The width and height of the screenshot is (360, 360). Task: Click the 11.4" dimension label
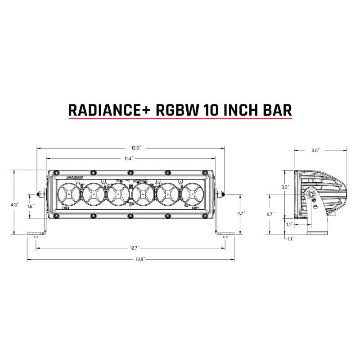(x=130, y=158)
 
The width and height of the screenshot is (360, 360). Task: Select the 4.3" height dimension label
(x=15, y=204)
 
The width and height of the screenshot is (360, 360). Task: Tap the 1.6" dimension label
(x=30, y=207)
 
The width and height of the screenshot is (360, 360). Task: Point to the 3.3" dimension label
(x=285, y=186)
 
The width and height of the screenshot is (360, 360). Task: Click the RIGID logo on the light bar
(x=75, y=178)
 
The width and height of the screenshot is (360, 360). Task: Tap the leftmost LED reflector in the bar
(x=67, y=195)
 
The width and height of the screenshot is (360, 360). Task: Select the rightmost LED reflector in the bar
(x=192, y=195)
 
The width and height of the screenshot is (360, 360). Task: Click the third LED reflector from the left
(x=117, y=195)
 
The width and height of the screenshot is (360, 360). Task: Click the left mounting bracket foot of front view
(x=36, y=234)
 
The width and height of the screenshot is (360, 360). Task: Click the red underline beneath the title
(x=180, y=119)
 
